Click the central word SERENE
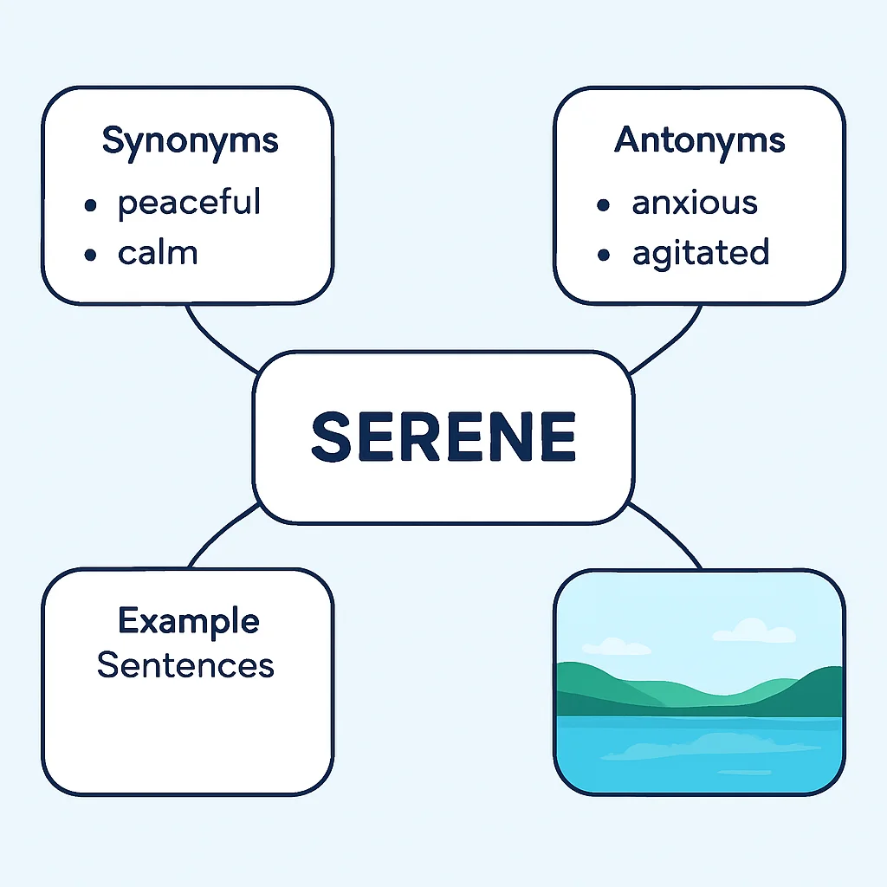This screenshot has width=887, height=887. point(443,437)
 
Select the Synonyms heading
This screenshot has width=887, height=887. point(190,141)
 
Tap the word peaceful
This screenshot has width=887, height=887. point(189,203)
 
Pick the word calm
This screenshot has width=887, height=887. point(158,253)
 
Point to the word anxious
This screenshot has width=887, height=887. point(695,203)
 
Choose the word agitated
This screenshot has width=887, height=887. point(701,254)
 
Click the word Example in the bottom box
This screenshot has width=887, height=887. point(189,622)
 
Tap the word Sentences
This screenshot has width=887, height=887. point(185,664)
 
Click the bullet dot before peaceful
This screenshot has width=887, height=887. point(90,204)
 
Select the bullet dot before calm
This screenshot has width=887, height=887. point(90,255)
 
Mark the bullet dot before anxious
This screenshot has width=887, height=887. point(604,204)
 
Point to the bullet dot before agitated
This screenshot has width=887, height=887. point(604,255)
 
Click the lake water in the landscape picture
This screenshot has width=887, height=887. point(699,754)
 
